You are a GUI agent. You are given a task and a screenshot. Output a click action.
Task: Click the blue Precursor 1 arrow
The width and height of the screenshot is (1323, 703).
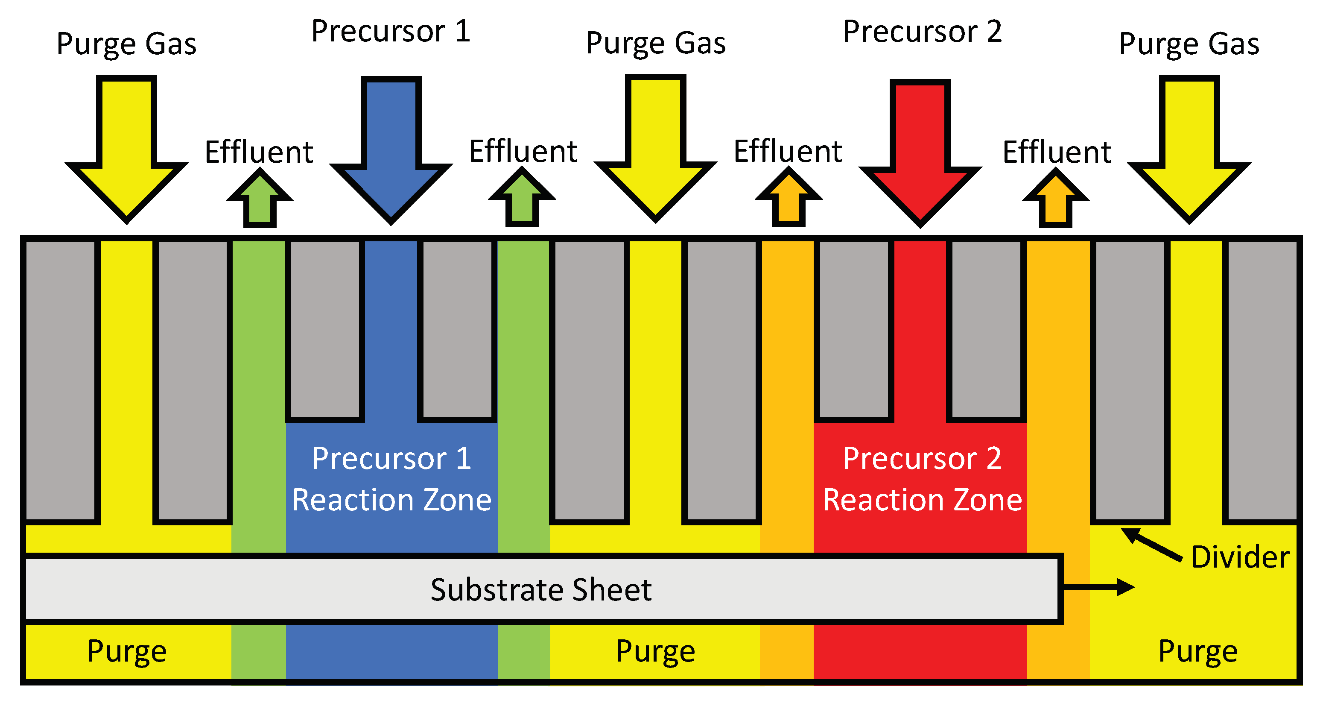[x=391, y=154]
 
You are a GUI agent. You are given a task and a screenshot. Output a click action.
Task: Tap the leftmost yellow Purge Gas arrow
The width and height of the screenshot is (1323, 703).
[x=126, y=154]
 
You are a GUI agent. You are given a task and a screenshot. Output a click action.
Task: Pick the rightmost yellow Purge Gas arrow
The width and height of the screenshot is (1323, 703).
[x=1189, y=154]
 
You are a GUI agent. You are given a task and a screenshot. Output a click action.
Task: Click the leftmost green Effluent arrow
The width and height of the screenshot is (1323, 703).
[x=260, y=200]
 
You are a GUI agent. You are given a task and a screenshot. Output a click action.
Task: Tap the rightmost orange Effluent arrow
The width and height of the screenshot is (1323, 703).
[x=1055, y=200]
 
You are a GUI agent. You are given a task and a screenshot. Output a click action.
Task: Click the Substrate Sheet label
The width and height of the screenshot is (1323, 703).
[x=540, y=589]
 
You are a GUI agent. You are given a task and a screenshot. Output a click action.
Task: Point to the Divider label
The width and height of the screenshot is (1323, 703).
[x=1240, y=557]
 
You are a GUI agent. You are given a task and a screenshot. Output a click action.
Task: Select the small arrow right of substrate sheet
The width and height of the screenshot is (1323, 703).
[x=1099, y=587]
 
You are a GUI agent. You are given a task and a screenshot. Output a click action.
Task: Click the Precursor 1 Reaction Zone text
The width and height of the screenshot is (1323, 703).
[x=391, y=479]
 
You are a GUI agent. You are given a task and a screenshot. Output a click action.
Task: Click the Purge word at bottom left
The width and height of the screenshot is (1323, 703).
[x=127, y=652]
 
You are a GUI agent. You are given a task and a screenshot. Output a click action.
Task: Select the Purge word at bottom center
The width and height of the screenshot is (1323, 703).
[x=655, y=652]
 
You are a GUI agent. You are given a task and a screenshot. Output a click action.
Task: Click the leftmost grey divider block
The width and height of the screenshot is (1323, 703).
[x=60, y=380]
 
